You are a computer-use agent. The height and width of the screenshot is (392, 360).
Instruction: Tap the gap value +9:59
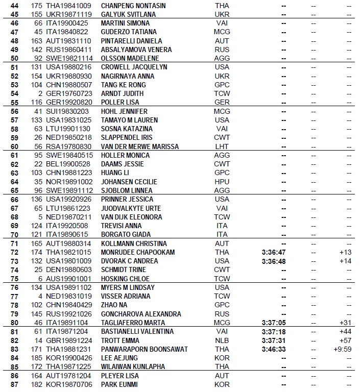pyautogui.click(x=342, y=349)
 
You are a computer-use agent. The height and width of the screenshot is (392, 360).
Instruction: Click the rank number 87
pyautogui.click(x=14, y=384)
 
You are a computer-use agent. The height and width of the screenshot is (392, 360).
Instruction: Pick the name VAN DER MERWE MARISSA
pyautogui.click(x=140, y=146)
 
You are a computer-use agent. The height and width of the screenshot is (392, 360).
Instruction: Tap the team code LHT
pyautogui.click(x=222, y=146)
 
